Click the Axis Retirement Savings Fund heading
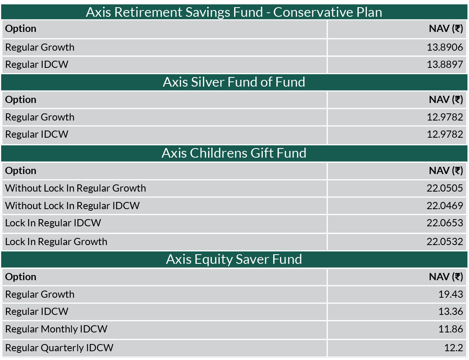coord(234,12)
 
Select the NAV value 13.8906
coord(445,47)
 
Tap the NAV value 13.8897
coord(445,64)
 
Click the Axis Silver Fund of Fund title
coord(234,82)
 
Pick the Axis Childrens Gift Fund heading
coord(234,153)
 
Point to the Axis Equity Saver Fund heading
coord(234,259)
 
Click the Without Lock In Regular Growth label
coord(76,188)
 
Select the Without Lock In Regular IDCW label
coord(73,206)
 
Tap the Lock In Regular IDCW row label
coord(53,223)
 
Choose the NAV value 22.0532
coord(445,241)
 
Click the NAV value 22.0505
coord(445,188)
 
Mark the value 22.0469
coord(445,206)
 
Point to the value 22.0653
coord(445,223)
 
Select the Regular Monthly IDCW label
coord(56,329)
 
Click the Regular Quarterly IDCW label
coord(59,348)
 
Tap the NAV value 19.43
coord(451,295)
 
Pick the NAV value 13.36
coord(451,312)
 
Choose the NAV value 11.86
coord(451,329)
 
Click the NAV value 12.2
coord(454,348)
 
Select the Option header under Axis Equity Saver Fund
coord(21,277)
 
